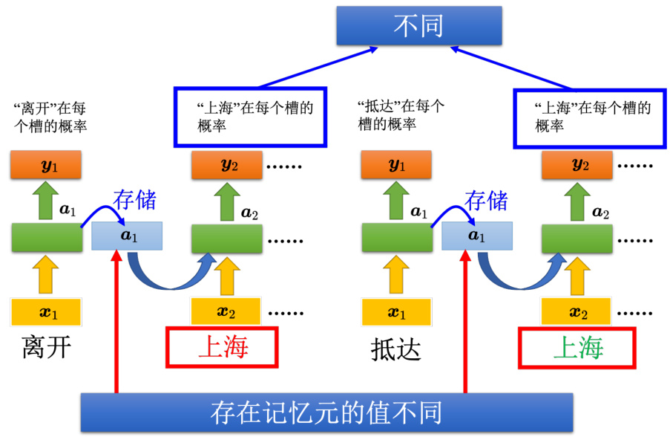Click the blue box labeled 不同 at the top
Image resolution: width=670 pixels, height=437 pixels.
point(418,27)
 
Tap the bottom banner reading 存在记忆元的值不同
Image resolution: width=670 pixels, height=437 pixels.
point(326,412)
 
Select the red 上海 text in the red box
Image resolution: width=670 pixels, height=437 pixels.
point(222,348)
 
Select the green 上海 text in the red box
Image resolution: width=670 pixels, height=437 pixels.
point(577,348)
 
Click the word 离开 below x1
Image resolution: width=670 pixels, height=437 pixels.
point(47,348)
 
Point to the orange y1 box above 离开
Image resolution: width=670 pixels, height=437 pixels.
point(45,165)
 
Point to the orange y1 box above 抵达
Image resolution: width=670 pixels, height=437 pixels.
point(397,165)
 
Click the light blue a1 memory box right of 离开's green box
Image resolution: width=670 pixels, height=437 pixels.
point(127,236)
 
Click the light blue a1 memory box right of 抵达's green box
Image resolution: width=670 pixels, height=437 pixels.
point(477,236)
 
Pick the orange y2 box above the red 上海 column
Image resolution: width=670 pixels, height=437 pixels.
point(226,165)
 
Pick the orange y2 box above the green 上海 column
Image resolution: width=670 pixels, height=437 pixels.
point(577,165)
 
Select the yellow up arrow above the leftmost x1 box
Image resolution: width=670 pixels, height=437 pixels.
point(45,273)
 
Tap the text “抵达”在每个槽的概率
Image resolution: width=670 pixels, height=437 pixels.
point(401,114)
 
